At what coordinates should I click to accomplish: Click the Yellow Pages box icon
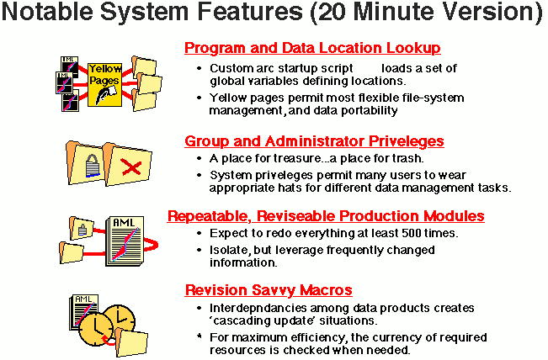[104, 84]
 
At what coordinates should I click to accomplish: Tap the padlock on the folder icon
[93, 166]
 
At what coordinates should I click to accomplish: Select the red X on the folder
[131, 167]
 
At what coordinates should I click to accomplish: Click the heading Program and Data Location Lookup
[312, 48]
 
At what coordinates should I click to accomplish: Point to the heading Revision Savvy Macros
[269, 290]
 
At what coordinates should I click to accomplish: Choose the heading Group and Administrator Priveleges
[314, 141]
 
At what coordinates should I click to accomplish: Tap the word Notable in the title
[47, 12]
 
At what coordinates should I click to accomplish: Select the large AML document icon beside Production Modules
[125, 241]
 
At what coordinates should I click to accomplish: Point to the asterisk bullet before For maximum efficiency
[200, 336]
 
